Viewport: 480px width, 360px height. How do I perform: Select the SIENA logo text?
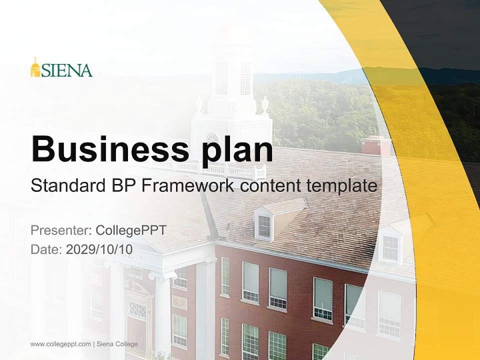pos(67,70)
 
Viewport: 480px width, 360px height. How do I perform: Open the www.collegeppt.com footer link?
pos(60,344)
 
